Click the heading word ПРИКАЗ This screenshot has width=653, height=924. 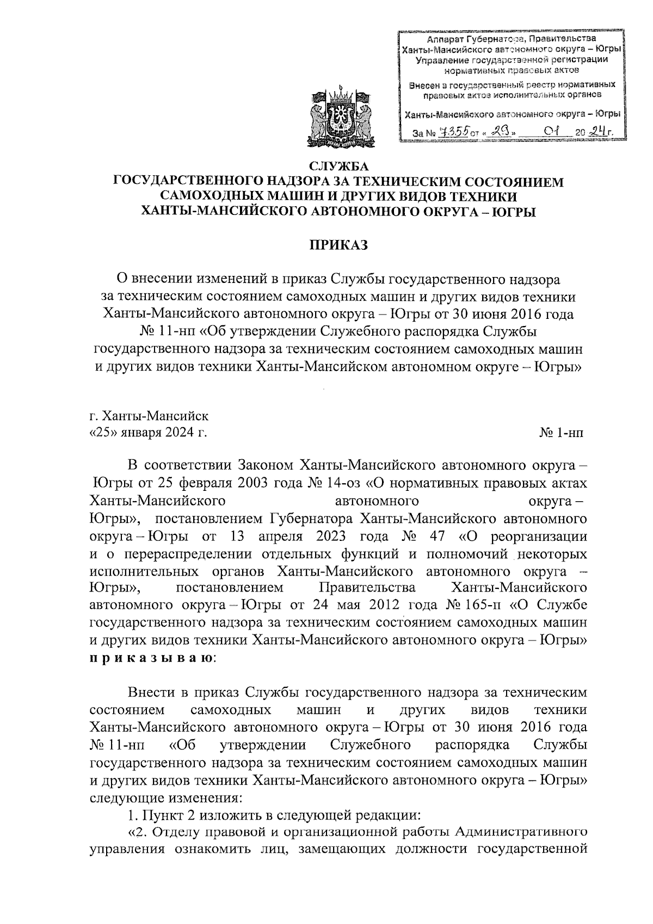339,245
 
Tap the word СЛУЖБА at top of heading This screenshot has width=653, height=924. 339,167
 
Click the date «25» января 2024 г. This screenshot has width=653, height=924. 147,433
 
